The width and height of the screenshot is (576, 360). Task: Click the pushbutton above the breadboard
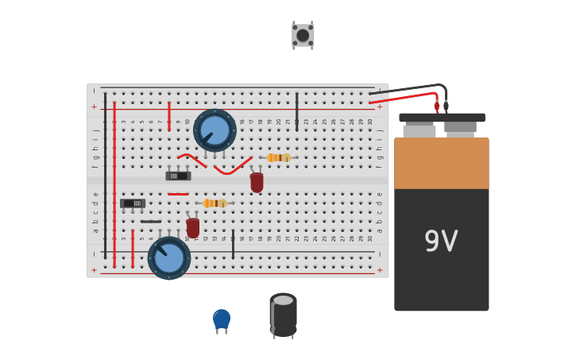pos(303,35)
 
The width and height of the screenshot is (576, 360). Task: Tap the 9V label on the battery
pos(441,242)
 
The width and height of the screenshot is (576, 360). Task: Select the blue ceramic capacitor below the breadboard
pos(222,319)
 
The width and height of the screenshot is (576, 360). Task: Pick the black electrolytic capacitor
pos(283,315)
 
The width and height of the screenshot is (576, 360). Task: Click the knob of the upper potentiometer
pos(215,130)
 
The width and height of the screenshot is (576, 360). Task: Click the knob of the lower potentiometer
pos(169,258)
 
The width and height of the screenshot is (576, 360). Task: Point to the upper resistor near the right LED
pos(277,157)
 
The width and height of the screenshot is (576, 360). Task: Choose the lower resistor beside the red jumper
pos(215,203)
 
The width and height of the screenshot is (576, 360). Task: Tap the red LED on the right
pos(257,182)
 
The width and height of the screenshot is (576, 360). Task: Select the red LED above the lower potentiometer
pos(193,228)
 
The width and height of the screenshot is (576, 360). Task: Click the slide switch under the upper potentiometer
pos(178,176)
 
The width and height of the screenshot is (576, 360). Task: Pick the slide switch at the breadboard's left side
pos(133,203)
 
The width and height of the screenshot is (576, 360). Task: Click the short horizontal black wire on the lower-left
pos(151,222)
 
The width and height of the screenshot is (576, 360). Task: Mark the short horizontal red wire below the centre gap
pos(179,194)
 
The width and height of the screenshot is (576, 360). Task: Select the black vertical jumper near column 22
pos(297,111)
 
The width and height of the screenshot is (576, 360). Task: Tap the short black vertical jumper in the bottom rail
pos(233,244)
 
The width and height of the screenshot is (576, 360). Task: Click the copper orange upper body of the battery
pos(441,163)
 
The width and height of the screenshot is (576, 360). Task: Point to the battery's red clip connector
pos(436,106)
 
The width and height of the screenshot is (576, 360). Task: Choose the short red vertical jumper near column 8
pos(169,116)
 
